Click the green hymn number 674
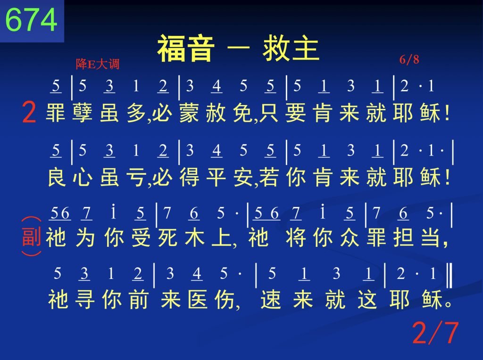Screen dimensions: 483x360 (x=32, y=20)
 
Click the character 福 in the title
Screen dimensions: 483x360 (x=171, y=49)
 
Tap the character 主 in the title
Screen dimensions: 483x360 (x=305, y=49)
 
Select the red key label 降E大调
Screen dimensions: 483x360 (x=97, y=64)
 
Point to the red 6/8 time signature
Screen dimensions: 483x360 (x=409, y=59)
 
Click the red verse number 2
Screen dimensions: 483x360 (x=29, y=113)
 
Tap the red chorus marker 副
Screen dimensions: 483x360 (x=32, y=237)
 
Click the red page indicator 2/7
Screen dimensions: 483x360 (x=435, y=332)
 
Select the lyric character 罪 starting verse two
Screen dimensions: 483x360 (x=56, y=113)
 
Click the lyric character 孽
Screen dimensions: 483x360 (x=82, y=113)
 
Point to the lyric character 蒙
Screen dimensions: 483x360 (x=189, y=113)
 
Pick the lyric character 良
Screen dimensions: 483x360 (x=57, y=177)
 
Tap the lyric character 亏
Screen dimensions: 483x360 (x=136, y=177)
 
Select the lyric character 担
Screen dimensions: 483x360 (x=403, y=237)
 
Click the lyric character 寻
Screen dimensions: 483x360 (x=84, y=299)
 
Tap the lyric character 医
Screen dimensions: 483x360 (x=197, y=299)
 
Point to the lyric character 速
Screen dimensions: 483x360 (x=271, y=299)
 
